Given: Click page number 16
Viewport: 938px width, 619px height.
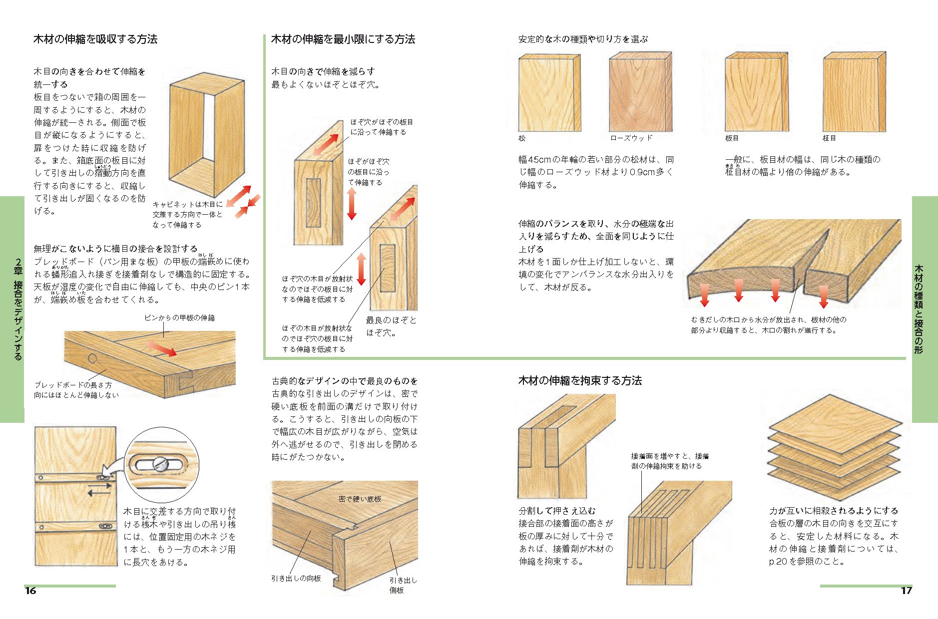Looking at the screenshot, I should point(30,591).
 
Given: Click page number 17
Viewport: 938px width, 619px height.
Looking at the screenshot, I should point(906,591).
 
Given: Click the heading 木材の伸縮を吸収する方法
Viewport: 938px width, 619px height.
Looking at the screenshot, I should point(95,39).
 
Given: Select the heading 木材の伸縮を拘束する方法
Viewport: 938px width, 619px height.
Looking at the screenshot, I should point(580,381).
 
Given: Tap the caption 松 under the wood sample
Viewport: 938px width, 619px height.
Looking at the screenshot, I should point(522,138).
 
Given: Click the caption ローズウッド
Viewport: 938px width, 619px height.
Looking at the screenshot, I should point(631,138).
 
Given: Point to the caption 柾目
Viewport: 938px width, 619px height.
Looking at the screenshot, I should point(829,138).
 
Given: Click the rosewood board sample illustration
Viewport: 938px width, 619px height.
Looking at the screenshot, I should point(640,94).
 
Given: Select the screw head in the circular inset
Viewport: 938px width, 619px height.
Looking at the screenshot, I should point(160,465).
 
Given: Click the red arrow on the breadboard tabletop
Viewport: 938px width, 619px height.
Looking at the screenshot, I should point(162,348).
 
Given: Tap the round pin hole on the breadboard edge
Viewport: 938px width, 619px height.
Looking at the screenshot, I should point(92,358).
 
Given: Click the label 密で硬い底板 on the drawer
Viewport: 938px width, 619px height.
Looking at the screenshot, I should point(360,499).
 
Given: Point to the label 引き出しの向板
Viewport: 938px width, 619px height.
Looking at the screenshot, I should point(296,579).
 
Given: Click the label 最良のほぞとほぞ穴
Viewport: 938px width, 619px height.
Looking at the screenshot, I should point(391,326).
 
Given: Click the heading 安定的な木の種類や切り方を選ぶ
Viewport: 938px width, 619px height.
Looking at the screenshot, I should point(583,39).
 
